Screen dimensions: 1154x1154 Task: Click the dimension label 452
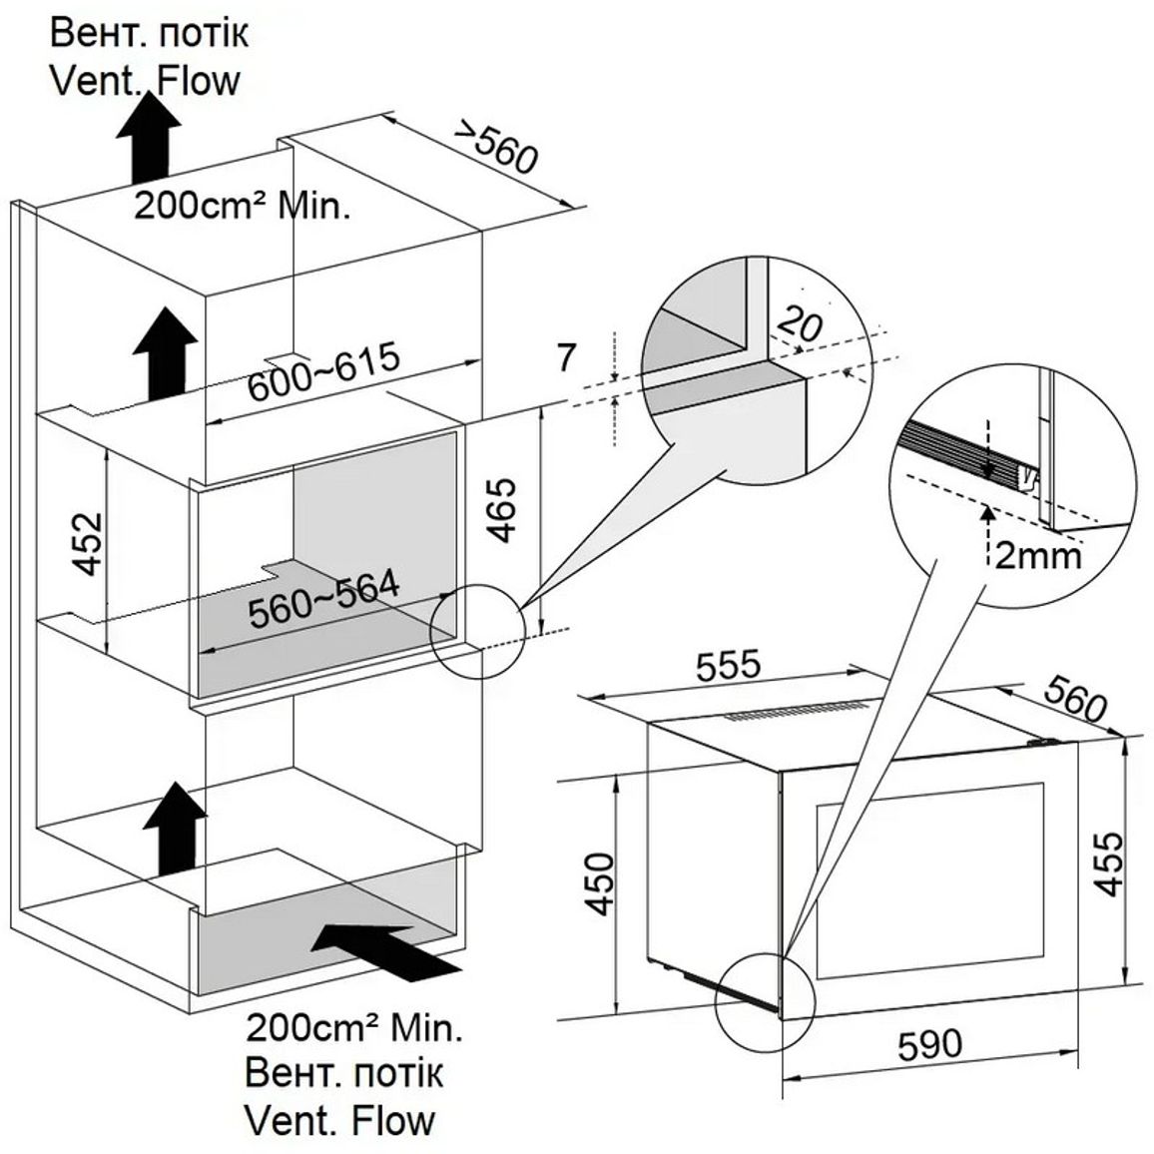(x=90, y=543)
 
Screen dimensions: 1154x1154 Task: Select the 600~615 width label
(x=323, y=371)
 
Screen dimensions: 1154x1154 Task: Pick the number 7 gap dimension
(x=565, y=358)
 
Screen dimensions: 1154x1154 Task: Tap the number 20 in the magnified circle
(x=800, y=323)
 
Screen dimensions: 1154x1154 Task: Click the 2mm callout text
(x=1038, y=556)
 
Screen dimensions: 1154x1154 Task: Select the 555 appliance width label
(x=727, y=666)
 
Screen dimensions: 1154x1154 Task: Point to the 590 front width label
(x=930, y=1044)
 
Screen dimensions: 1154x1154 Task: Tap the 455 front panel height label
(x=1108, y=865)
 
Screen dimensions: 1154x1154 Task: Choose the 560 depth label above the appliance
(x=1074, y=699)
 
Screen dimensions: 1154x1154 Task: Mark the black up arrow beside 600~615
(x=165, y=354)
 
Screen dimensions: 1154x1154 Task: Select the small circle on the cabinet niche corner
(x=477, y=632)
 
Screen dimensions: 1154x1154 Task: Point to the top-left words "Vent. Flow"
(x=145, y=80)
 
